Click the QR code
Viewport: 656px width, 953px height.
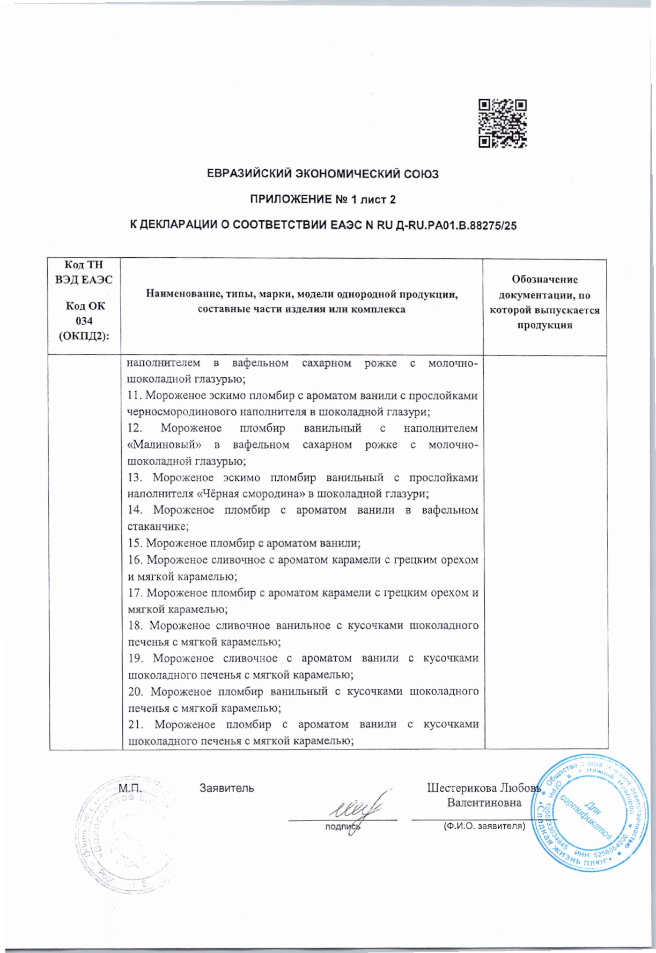pyautogui.click(x=502, y=123)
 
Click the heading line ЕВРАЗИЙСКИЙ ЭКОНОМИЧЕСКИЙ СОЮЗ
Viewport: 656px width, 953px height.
pyautogui.click(x=322, y=174)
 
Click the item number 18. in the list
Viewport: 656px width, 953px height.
pyautogui.click(x=136, y=626)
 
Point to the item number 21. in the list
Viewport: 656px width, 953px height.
pyautogui.click(x=137, y=724)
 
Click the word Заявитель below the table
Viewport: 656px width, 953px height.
pyautogui.click(x=227, y=788)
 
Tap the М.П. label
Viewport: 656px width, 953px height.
pyautogui.click(x=129, y=788)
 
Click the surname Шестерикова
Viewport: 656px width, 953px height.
pyautogui.click(x=462, y=788)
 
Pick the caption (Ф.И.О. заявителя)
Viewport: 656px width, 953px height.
pyautogui.click(x=483, y=826)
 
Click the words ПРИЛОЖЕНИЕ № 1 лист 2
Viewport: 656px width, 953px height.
pyautogui.click(x=323, y=200)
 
